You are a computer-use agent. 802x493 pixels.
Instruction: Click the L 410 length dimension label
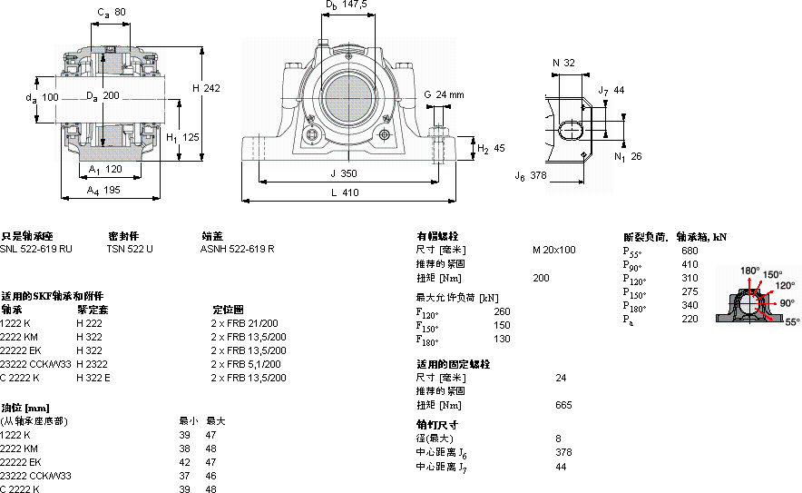coord(345,192)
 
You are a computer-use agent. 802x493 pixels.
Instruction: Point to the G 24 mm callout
coord(444,94)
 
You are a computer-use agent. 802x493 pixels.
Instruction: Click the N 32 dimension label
coord(563,63)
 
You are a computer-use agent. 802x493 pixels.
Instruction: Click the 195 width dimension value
coord(110,190)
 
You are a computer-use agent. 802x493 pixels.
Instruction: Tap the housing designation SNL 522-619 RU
coord(36,248)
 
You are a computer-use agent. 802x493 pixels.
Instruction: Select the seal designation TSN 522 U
coord(130,248)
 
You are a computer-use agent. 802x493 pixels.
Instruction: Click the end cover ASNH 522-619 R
coord(237,248)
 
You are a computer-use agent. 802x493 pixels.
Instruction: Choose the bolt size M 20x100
coord(553,250)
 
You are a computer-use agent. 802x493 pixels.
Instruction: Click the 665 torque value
coord(563,405)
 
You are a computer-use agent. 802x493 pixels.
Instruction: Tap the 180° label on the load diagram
coord(749,271)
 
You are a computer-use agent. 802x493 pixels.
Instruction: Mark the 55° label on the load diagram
coord(792,321)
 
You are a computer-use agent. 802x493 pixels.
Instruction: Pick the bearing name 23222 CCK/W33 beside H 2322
coord(36,363)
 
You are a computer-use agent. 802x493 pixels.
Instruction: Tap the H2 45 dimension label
coord(491,149)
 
